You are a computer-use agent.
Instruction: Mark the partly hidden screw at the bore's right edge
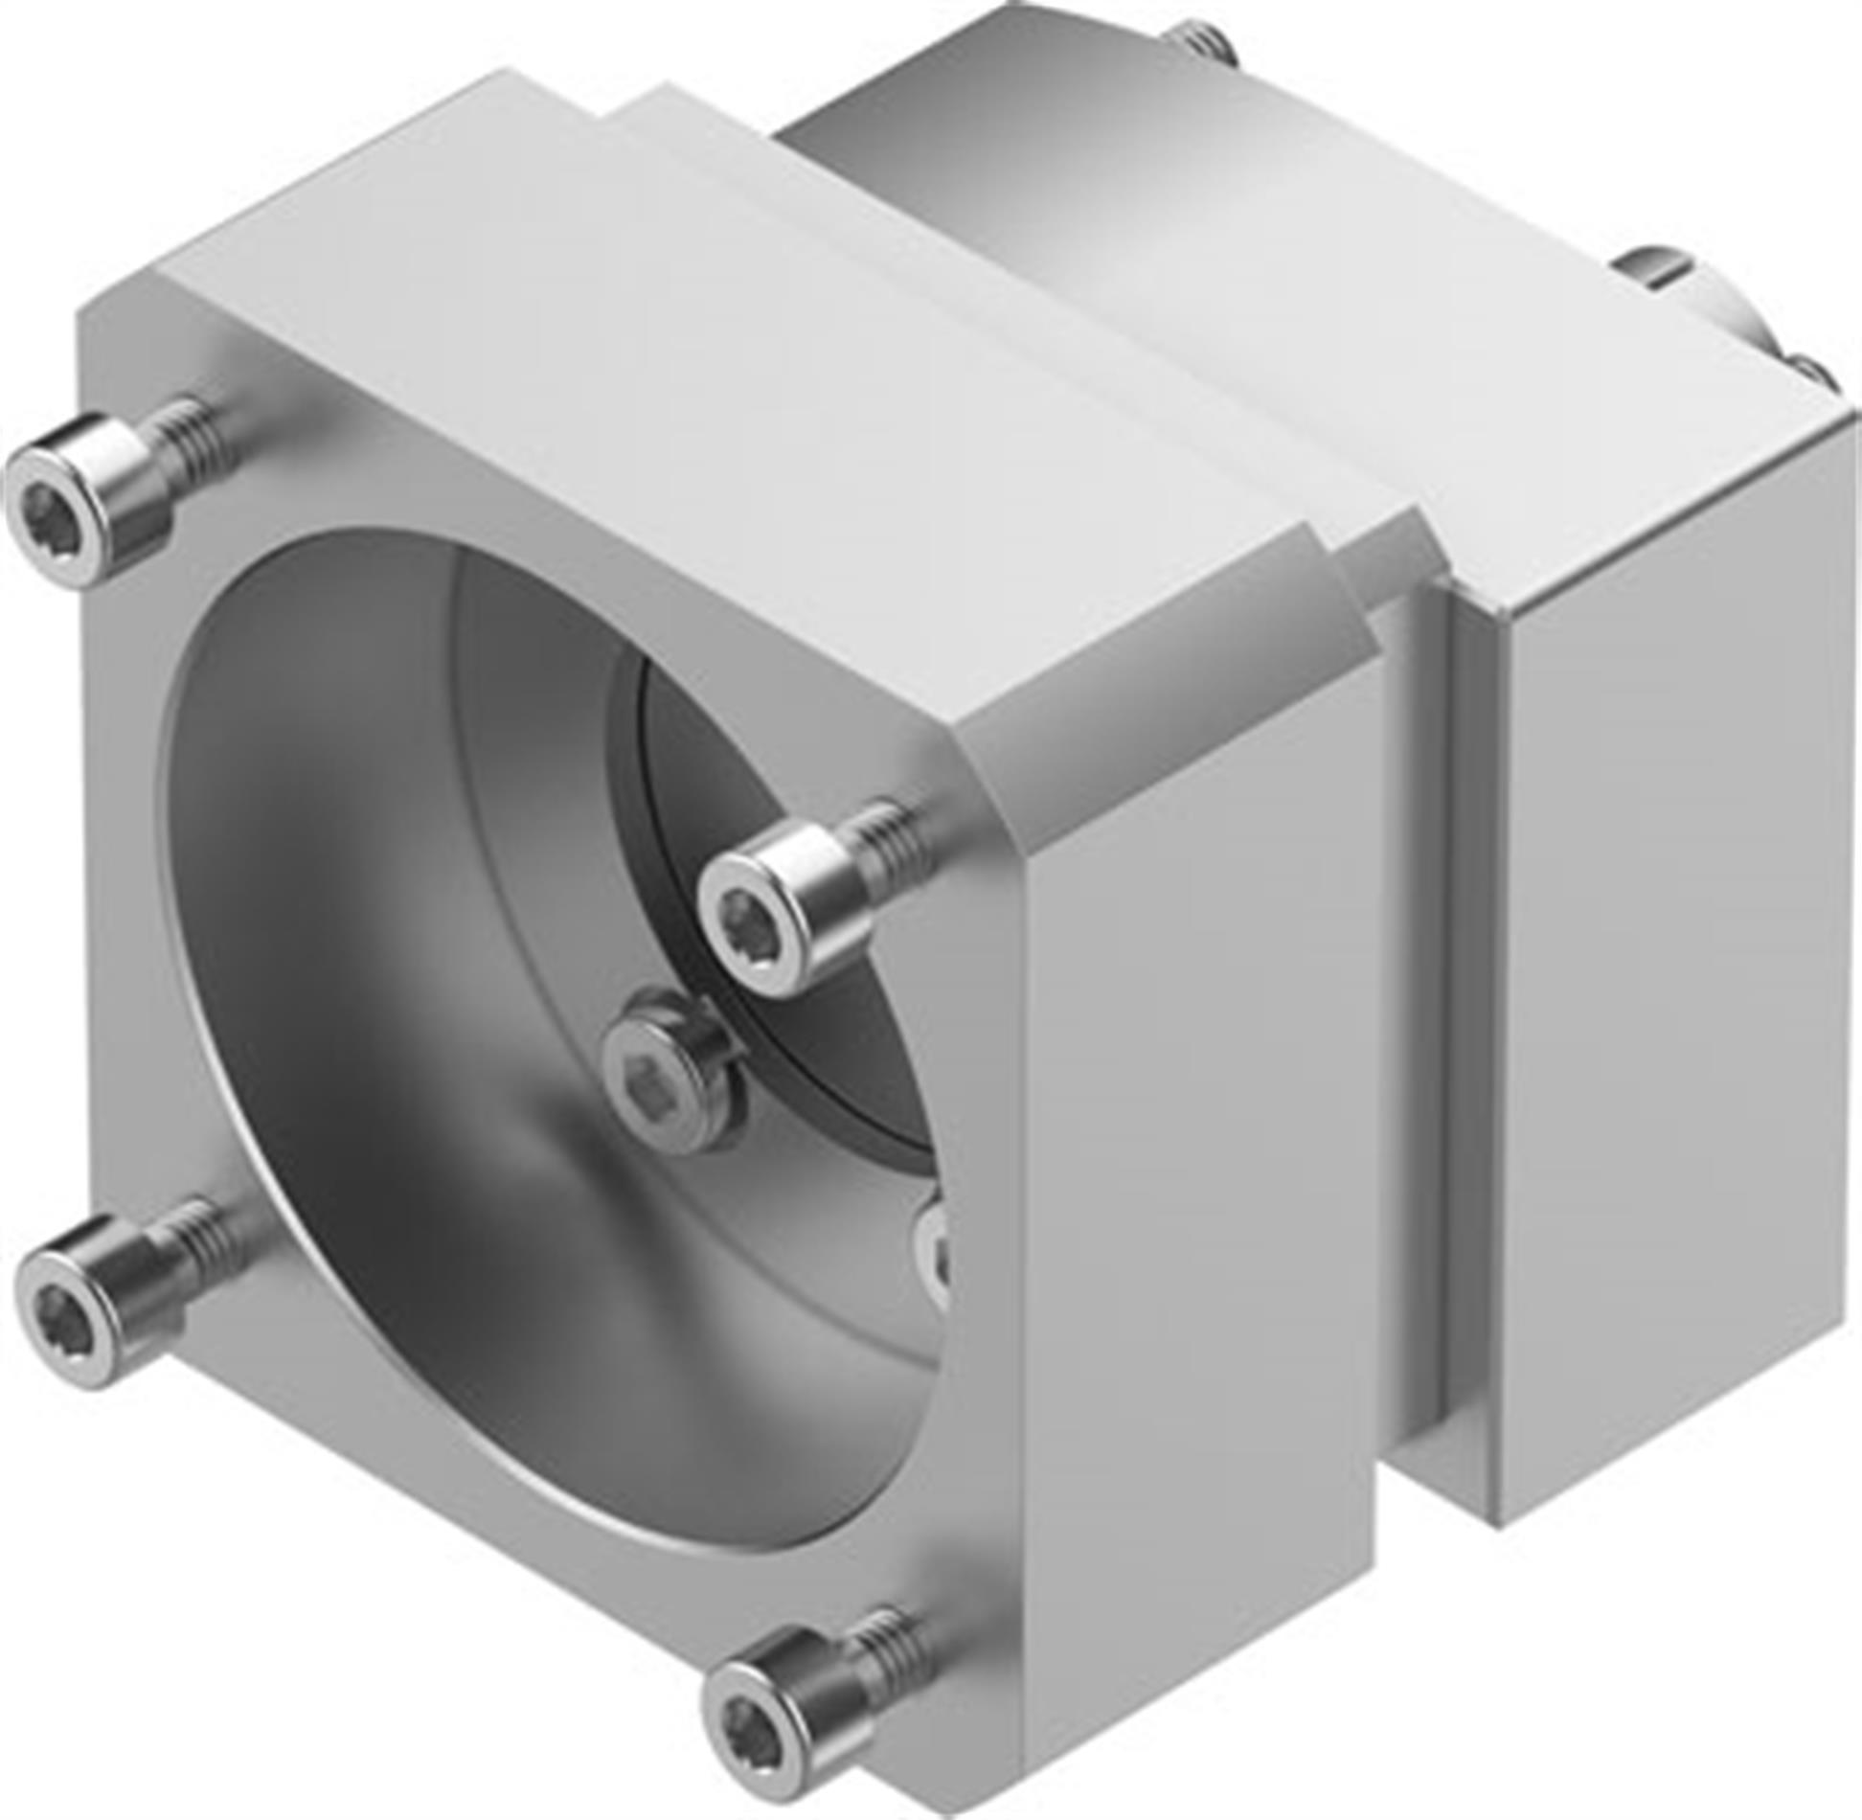(934, 1255)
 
